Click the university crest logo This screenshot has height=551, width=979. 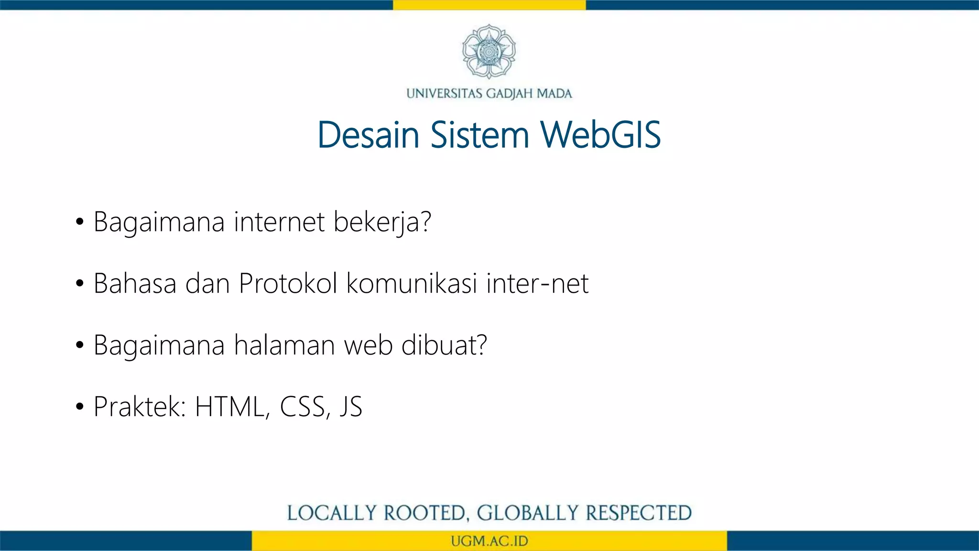pos(489,51)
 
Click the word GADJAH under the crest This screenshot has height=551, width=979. pos(510,93)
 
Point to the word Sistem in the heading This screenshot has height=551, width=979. pos(479,135)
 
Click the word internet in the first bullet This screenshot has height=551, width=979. pos(279,222)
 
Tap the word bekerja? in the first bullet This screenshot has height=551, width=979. pos(382,223)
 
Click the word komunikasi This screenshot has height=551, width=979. pos(412,283)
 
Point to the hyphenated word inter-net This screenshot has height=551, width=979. pos(537,283)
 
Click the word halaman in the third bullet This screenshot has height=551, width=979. pos(284,345)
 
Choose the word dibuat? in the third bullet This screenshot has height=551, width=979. pos(444,345)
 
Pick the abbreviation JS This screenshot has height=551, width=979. pos(351,407)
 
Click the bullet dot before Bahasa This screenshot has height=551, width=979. pos(80,284)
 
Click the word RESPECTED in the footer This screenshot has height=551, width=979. pos(639,513)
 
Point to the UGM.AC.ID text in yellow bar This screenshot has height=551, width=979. pos(489,541)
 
